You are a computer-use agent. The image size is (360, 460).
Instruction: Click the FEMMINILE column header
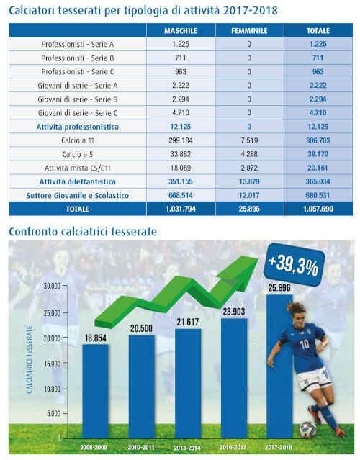click(249, 31)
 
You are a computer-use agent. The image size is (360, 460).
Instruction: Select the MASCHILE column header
click(181, 31)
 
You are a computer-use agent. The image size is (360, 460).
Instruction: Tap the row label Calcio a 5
click(78, 154)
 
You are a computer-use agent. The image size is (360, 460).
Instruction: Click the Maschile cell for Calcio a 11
click(181, 140)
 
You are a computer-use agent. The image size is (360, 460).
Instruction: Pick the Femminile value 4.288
click(249, 154)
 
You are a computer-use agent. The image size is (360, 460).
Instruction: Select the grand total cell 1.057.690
click(318, 209)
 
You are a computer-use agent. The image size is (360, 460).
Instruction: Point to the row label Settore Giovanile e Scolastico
click(78, 195)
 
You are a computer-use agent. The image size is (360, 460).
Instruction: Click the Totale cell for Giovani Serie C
click(318, 113)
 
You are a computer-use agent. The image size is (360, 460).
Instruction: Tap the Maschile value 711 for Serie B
click(181, 58)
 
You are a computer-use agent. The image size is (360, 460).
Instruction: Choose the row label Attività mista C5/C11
click(78, 168)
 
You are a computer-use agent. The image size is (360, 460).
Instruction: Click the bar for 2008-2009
click(95, 392)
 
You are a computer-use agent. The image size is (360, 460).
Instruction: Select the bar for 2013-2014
click(188, 384)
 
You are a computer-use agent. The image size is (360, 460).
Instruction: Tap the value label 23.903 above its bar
click(233, 312)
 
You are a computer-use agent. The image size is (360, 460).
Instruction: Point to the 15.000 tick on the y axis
click(52, 364)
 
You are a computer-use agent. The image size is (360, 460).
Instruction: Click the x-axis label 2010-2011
click(141, 447)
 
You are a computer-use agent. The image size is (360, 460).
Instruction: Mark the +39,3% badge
click(294, 265)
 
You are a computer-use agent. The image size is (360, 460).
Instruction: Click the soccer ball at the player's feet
click(307, 430)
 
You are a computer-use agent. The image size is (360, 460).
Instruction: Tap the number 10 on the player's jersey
click(305, 344)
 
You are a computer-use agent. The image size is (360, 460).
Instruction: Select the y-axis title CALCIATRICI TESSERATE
click(29, 360)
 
